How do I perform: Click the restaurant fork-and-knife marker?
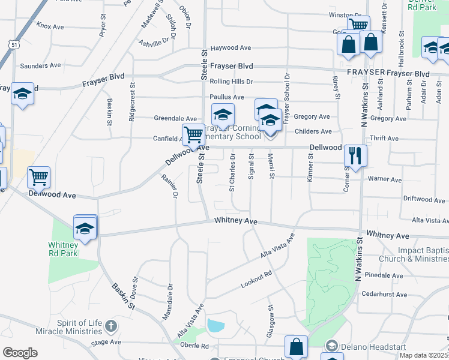coord(355,156)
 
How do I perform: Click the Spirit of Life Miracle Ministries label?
coord(80,328)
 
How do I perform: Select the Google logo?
coord(20,353)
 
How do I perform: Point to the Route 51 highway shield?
coord(13,44)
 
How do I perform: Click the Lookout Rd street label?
coord(256,278)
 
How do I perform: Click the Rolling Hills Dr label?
coord(231,82)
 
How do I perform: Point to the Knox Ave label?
coord(50,26)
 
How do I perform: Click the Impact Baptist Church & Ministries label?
coord(423,254)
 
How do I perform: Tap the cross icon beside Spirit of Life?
coord(110,326)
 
